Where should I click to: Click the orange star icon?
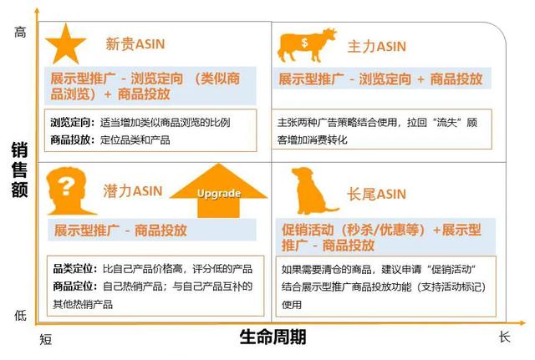point(65,45)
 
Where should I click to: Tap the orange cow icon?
point(307,45)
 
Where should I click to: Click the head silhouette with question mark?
point(69,191)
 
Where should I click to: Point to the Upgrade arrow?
point(218,191)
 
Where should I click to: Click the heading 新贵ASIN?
point(135,44)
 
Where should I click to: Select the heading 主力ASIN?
point(377,47)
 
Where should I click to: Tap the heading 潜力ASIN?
point(133,191)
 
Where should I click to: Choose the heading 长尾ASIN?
point(377,194)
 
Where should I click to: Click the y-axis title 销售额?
point(19,170)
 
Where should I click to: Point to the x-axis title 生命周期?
point(273,337)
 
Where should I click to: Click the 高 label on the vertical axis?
point(20,33)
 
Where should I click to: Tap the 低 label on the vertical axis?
point(20,316)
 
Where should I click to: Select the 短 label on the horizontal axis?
point(46,340)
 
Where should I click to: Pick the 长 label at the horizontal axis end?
point(504,337)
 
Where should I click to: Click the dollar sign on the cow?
point(304,43)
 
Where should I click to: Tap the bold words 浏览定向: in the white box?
point(73,122)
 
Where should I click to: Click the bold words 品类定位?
point(75,269)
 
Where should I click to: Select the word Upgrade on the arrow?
point(219,194)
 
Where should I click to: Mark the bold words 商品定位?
point(75,286)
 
